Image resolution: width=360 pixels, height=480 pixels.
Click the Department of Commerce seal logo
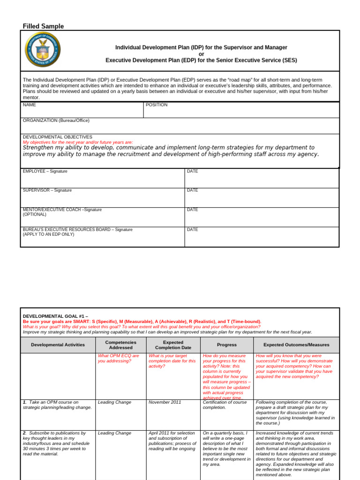pos(43,49)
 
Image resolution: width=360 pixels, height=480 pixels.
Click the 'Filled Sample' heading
pos(43,26)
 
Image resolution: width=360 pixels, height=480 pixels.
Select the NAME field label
pos(29,105)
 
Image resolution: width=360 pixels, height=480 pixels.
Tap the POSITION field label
pos(156,105)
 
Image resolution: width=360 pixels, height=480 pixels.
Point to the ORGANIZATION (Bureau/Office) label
pos(56,120)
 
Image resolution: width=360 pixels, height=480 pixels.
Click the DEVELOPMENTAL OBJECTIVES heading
pos(57,137)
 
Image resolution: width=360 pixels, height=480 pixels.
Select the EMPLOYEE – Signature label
pos(45,172)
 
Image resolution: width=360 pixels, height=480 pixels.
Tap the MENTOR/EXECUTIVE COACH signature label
pos(62,210)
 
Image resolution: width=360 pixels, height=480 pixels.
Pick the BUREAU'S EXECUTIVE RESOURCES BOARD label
pos(77,230)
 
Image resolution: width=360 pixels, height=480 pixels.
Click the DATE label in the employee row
pos(192,172)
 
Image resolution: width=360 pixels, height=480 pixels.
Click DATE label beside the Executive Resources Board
pos(192,230)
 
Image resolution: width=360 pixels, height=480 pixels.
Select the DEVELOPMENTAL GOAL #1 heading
pos(55,316)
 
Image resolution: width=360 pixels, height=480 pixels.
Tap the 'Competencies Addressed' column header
pos(120,345)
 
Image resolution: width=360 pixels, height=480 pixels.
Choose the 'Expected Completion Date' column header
pos(173,345)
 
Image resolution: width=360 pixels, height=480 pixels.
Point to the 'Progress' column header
pos(227,345)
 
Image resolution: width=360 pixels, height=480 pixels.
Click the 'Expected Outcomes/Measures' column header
pos(296,345)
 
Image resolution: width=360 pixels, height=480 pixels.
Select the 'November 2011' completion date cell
pos(165,402)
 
